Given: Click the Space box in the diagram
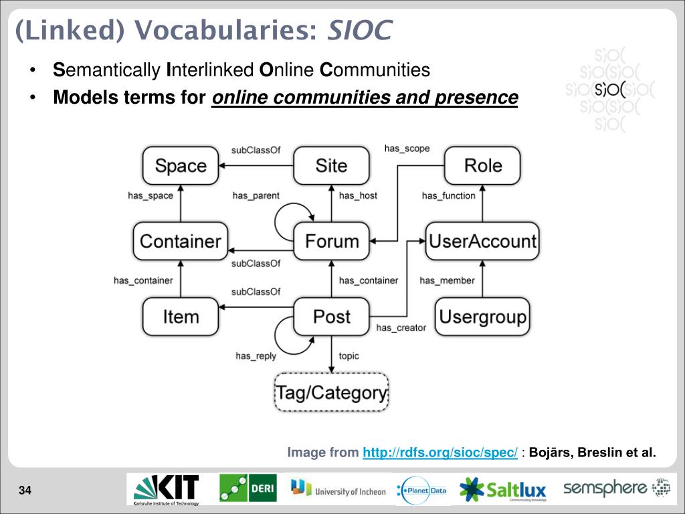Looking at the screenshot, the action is click(180, 166).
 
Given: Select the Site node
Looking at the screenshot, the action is click(331, 166).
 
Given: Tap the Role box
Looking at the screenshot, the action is click(482, 166).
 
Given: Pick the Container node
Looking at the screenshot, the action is click(181, 241).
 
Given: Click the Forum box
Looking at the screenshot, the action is click(332, 241).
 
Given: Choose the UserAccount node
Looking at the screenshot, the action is click(482, 241).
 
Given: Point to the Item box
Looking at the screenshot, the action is click(181, 316).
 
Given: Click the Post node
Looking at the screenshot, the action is click(332, 316).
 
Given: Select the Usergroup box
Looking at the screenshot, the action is click(482, 316).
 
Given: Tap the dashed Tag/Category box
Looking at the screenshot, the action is click(332, 392).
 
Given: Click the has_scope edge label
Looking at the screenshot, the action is click(407, 149).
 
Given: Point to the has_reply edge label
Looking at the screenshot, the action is click(256, 356).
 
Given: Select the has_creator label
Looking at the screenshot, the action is click(401, 327).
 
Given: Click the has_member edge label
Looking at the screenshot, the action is click(447, 280).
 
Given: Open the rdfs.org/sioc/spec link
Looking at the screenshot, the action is click(440, 453).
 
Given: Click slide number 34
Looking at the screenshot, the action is click(25, 492).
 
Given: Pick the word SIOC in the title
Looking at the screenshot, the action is click(359, 30).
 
